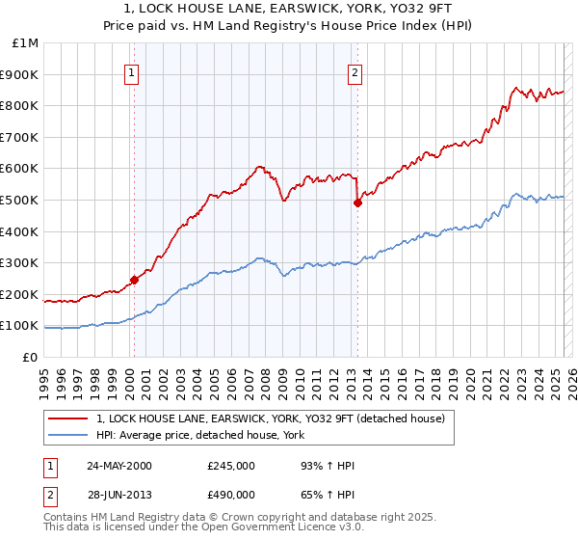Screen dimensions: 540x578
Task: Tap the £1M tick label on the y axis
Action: (25, 43)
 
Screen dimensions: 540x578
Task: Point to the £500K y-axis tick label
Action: (20, 201)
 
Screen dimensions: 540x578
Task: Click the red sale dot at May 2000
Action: (134, 280)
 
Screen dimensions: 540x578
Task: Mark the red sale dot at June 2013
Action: (357, 202)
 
